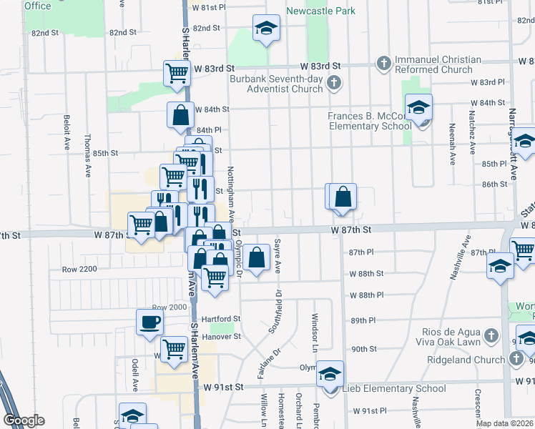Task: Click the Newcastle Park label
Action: [x=321, y=11]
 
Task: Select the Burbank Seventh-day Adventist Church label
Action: [x=276, y=84]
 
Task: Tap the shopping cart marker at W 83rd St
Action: [x=177, y=72]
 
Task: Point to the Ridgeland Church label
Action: [x=466, y=360]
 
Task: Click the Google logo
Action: [x=23, y=420]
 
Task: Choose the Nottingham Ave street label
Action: [x=230, y=187]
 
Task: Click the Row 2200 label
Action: [x=79, y=270]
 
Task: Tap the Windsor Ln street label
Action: [x=314, y=327]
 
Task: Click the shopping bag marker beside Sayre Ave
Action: [x=256, y=257]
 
